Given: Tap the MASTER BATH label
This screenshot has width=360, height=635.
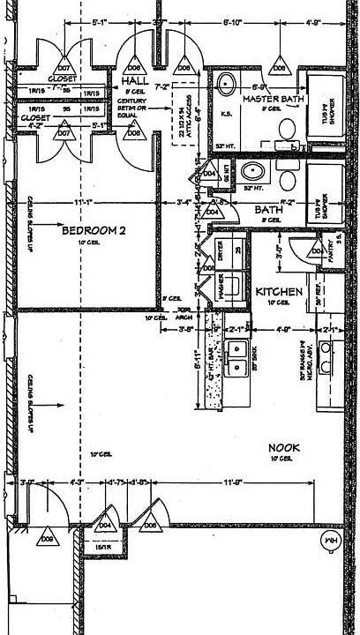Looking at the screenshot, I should (274, 99).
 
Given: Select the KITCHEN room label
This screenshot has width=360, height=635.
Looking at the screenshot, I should (280, 291).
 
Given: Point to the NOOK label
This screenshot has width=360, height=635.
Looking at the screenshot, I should (284, 449).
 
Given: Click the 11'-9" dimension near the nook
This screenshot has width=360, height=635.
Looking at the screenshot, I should (233, 482).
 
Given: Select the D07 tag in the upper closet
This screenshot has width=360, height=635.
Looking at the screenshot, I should (64, 67).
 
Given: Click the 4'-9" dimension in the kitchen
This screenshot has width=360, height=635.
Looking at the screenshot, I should (282, 331).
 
